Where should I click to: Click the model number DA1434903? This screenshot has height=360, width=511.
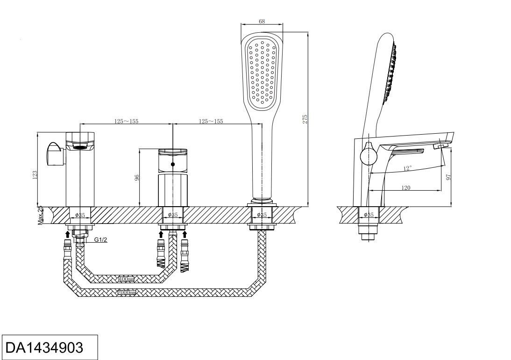pyautogui.click(x=44, y=347)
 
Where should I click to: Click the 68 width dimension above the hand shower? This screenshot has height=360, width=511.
pyautogui.click(x=262, y=21)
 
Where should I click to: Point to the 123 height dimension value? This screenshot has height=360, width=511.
pyautogui.click(x=35, y=174)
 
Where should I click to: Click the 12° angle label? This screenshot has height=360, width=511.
pyautogui.click(x=407, y=168)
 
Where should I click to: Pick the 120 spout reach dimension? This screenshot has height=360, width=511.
pyautogui.click(x=406, y=187)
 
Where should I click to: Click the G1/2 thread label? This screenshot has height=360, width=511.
pyautogui.click(x=101, y=240)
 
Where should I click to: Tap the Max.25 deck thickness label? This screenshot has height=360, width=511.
pyautogui.click(x=40, y=216)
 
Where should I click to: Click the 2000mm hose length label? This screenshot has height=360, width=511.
pyautogui.click(x=126, y=293)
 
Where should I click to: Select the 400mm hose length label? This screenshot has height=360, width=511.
pyautogui.click(x=126, y=280)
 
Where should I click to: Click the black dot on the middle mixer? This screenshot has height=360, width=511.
pyautogui.click(x=173, y=165)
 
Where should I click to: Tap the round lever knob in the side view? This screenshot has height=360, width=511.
pyautogui.click(x=368, y=156)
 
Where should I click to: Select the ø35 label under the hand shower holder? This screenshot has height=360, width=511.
pyautogui.click(x=262, y=215)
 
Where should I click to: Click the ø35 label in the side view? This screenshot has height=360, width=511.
pyautogui.click(x=369, y=215)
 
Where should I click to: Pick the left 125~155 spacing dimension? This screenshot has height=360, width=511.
pyautogui.click(x=127, y=121)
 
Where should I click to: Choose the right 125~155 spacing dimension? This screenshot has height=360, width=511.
pyautogui.click(x=211, y=121)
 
